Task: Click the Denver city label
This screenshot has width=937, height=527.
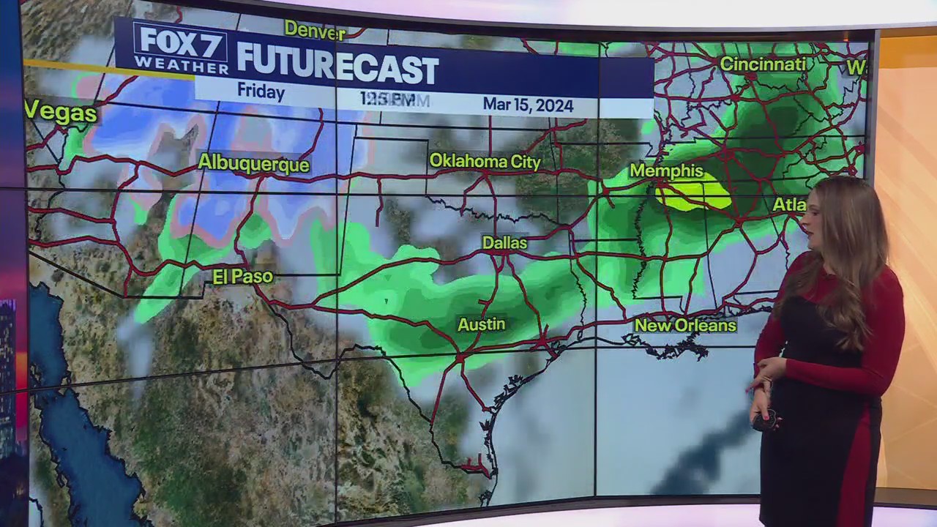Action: [314, 29]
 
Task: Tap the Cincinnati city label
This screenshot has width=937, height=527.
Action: [763, 64]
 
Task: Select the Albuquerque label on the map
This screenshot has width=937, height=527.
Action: [253, 163]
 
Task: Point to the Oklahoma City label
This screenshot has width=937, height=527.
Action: [485, 162]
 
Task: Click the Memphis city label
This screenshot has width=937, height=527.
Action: [666, 171]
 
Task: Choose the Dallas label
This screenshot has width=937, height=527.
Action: [504, 243]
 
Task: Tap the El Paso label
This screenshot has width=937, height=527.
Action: [243, 277]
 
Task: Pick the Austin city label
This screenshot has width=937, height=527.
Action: [481, 324]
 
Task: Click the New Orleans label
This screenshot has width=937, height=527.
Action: [685, 325]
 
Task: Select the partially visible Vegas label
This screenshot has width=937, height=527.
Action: [61, 113]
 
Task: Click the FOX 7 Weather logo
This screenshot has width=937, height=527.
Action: [181, 48]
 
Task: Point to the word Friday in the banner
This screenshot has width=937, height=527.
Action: [261, 92]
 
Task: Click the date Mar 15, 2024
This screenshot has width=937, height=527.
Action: [528, 105]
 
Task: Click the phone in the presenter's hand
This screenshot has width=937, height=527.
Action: [766, 420]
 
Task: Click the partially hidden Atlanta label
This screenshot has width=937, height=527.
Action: [789, 205]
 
